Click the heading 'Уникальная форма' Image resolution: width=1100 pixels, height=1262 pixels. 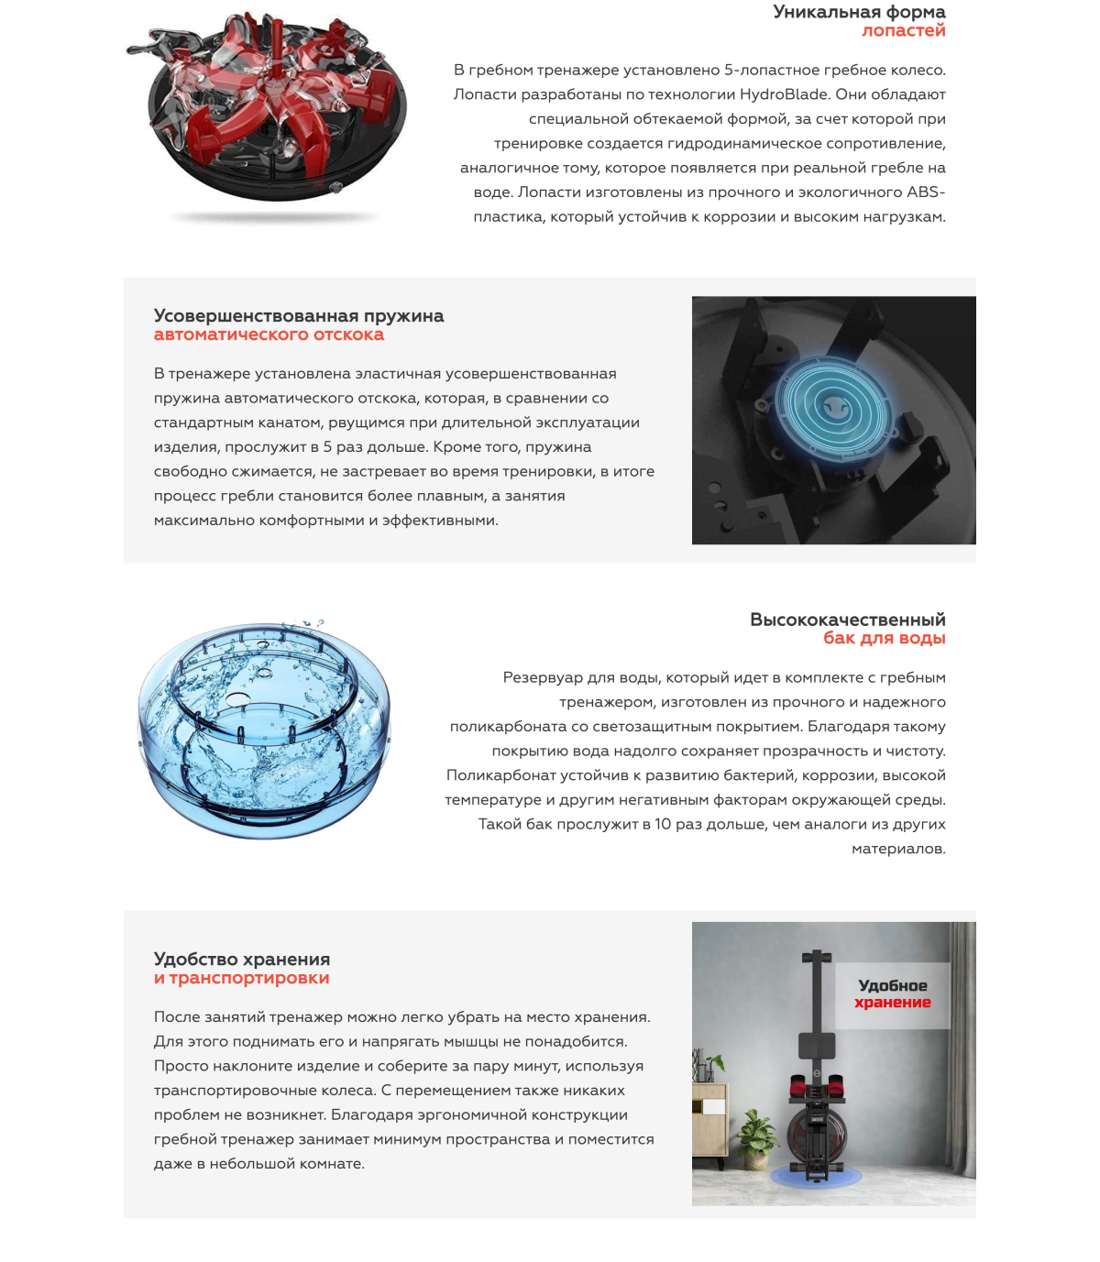coord(859,12)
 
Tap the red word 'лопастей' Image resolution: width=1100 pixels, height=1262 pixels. coord(903,30)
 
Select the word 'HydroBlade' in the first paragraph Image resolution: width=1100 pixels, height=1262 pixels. coord(779,94)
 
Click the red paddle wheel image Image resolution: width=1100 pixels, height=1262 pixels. coord(270,105)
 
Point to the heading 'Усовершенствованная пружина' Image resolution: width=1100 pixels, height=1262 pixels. coord(299,316)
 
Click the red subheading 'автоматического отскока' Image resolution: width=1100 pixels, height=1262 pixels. coord(269,335)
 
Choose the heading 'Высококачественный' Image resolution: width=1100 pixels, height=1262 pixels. coord(847,620)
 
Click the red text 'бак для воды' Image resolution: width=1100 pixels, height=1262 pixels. coord(884,638)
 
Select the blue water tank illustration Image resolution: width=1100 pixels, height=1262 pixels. coord(264,729)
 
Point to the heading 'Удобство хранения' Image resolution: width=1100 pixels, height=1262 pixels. coord(242,960)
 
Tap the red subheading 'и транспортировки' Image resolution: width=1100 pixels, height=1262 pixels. coord(241,979)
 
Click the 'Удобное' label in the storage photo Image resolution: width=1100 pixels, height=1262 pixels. coord(892,986)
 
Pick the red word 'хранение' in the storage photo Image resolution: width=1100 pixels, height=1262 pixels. coord(892,1003)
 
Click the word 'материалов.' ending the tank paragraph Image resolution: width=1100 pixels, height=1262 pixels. coord(898,850)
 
